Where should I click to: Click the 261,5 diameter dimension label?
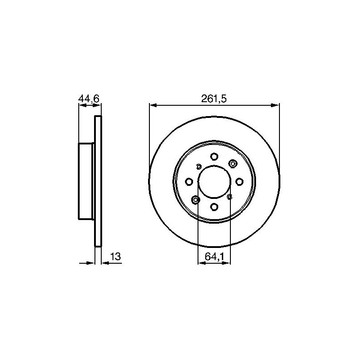click(x=214, y=99)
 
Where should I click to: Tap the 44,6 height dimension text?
click(x=89, y=99)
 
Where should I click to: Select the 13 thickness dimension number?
click(x=116, y=256)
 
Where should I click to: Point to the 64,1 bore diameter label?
click(x=214, y=257)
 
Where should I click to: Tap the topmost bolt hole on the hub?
click(x=214, y=157)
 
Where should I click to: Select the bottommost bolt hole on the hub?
click(x=214, y=207)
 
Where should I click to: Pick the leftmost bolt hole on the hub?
click(x=189, y=182)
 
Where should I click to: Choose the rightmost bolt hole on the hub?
click(x=239, y=182)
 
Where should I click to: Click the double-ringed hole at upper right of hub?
click(x=233, y=164)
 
